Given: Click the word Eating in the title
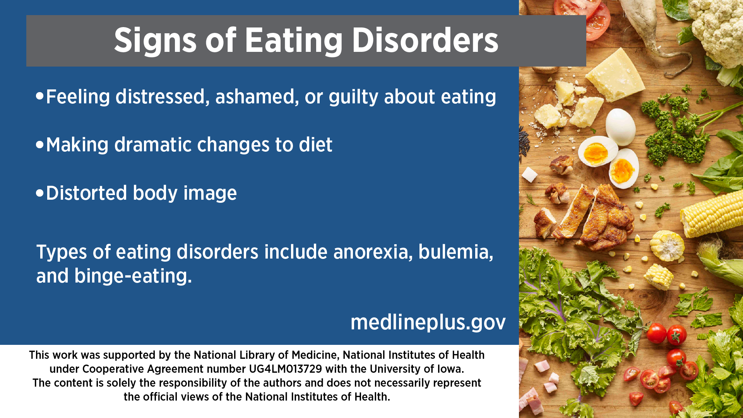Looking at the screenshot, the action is (x=294, y=41).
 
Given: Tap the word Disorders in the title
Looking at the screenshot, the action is (x=425, y=40).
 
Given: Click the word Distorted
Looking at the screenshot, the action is (x=86, y=193).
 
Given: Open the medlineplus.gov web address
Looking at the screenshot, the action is (x=428, y=322).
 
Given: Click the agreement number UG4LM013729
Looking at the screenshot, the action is (x=286, y=369).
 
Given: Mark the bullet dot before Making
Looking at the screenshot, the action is (x=40, y=145).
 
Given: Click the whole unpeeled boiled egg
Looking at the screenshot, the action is (x=620, y=127).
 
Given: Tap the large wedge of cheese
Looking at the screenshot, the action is (x=616, y=74).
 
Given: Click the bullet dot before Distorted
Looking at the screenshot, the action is (x=40, y=193).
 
